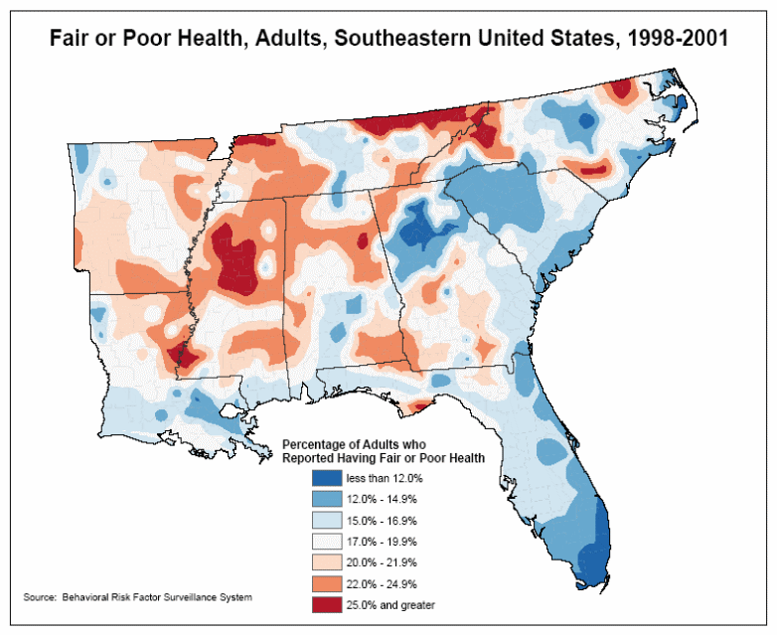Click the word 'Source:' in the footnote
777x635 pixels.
[x=39, y=597]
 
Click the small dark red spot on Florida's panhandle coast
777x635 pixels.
[x=419, y=405]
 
